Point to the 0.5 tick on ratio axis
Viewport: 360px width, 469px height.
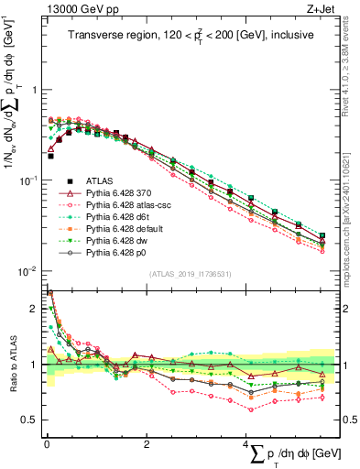(x=29, y=420)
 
